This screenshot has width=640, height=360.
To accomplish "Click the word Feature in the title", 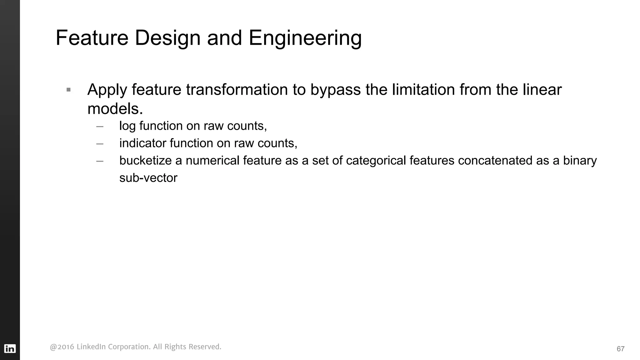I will click(92, 38).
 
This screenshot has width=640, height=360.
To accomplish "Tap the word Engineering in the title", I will click(305, 38).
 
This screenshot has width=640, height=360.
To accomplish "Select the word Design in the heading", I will click(167, 38).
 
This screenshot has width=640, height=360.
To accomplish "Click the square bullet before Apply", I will click(69, 90).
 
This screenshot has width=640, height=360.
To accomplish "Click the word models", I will click(115, 109).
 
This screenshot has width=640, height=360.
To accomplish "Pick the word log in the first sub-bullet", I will click(127, 126).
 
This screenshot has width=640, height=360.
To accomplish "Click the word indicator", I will click(142, 143).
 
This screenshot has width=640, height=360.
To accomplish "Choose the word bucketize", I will click(145, 161).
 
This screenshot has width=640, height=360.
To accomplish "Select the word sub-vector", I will click(148, 178).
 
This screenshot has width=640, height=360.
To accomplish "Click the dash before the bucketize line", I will click(100, 161).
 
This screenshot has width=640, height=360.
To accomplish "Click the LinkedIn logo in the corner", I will click(10, 348).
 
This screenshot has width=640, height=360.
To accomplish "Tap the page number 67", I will click(620, 349).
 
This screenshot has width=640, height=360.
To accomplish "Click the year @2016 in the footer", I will click(62, 347).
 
